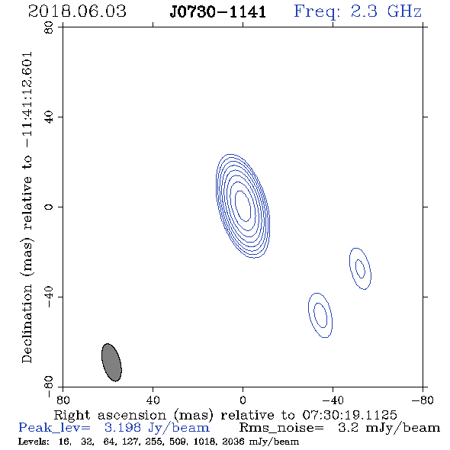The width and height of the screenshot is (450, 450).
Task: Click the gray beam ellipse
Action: [111, 362]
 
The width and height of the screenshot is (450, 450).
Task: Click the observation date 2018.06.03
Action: [77, 11]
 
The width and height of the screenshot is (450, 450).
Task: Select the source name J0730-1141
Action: [218, 12]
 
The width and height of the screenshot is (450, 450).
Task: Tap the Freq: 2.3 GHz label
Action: [358, 11]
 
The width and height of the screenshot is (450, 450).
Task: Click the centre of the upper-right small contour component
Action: [360, 268]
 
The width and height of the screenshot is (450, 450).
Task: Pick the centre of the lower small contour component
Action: [320, 315]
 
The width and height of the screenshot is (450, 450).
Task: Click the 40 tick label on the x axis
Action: [153, 400]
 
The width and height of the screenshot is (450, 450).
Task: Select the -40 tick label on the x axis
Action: [333, 400]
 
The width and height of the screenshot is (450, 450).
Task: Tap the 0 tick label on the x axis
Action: [243, 400]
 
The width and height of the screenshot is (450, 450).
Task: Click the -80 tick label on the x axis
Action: [423, 400]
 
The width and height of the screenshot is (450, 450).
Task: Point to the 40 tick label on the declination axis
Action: [49, 117]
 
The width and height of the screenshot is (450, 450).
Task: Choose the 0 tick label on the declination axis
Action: [49, 207]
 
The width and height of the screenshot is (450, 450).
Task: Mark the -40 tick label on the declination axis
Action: [49, 297]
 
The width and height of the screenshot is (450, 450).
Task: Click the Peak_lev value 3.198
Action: [123, 428]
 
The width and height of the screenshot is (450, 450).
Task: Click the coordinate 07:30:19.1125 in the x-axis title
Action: [349, 415]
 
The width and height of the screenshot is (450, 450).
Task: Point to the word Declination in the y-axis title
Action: [27, 323]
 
